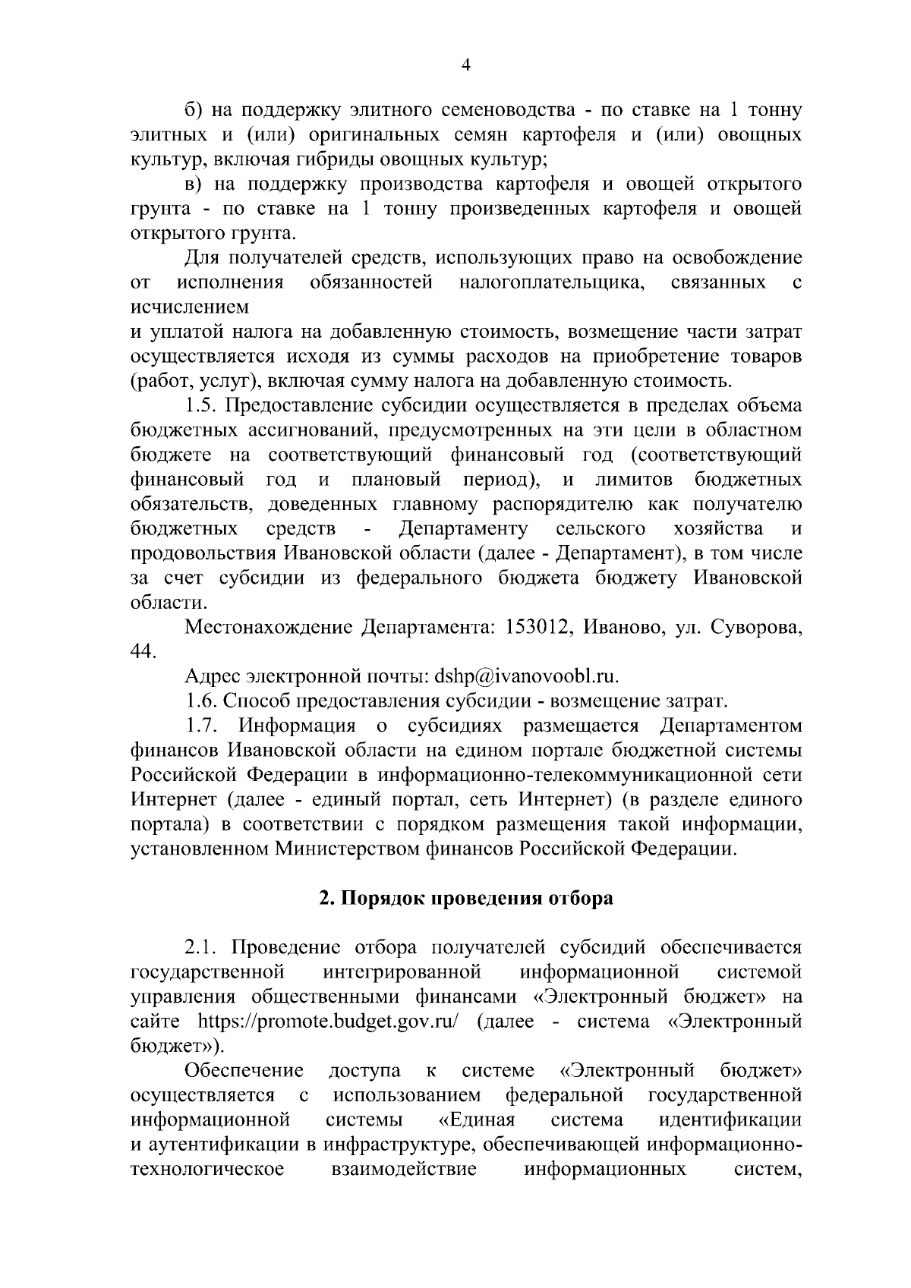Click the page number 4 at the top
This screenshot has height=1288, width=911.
point(466,67)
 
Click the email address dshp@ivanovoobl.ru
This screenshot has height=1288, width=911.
point(526,676)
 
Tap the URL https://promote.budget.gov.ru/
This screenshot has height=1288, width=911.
point(328,1021)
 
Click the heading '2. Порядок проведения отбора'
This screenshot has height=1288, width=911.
point(465,898)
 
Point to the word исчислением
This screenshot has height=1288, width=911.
point(190,307)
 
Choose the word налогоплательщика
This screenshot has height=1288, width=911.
point(552,283)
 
